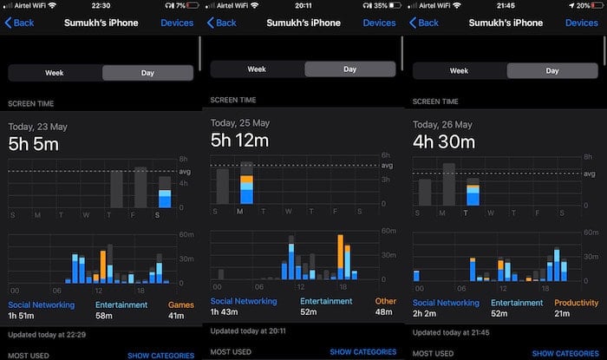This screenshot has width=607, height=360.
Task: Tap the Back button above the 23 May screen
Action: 19,23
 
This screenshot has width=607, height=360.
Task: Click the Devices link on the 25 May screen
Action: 379,23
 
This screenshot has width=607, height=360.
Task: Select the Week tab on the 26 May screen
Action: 459,71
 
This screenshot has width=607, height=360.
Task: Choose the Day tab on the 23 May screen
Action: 147,73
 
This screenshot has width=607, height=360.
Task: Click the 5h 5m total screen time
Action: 34,144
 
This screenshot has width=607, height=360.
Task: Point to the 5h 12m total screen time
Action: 239,141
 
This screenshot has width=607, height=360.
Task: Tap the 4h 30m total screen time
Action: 444,142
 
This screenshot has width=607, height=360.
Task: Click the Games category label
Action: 180,305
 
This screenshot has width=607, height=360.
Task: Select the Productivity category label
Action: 576,303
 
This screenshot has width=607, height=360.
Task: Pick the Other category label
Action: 385,301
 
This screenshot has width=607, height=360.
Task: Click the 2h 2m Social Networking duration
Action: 424,313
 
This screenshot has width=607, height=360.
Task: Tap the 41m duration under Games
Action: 176,316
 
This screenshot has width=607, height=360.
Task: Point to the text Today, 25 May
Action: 240,123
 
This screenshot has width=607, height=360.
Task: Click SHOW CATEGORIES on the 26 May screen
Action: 565,353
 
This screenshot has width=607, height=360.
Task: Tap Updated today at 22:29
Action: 47,335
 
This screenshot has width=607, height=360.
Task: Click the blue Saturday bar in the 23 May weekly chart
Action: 165,199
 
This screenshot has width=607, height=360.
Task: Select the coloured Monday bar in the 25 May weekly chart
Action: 246,190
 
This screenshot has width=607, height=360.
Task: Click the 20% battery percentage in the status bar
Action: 583,5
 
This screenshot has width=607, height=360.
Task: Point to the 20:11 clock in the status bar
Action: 303,5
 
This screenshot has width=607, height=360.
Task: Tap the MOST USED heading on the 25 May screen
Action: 231,352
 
